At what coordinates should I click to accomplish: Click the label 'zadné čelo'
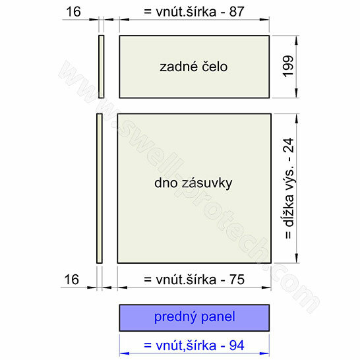194,67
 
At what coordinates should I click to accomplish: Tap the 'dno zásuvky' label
193,183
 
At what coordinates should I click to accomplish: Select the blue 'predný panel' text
195,318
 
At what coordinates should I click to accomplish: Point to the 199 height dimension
288,67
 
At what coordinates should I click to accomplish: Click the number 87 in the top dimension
236,12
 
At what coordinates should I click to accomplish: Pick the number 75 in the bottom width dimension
237,280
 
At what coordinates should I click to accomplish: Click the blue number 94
237,345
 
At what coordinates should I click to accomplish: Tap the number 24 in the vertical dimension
288,146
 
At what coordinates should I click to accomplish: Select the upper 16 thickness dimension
73,12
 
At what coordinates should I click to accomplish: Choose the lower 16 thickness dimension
72,280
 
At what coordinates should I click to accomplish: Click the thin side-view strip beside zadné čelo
102,67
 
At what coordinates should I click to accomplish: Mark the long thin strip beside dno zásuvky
100,189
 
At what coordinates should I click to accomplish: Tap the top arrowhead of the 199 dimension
297,40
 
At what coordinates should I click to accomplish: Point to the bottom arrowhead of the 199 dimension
297,93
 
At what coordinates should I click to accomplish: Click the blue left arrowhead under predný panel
124,353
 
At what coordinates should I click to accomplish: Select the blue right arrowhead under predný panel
264,353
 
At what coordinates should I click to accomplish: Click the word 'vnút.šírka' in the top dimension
186,12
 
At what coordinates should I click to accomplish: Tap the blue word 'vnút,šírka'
186,345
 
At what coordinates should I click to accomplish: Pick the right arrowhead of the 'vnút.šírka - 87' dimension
264,20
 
